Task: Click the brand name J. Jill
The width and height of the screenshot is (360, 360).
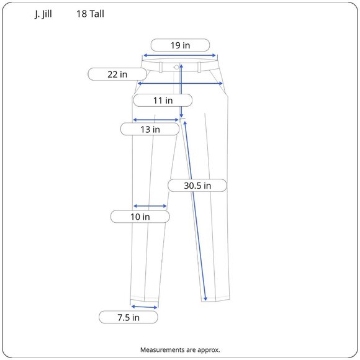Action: coord(43,13)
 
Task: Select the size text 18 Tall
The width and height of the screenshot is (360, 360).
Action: coord(91,13)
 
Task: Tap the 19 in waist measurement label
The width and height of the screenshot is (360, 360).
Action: coord(180,45)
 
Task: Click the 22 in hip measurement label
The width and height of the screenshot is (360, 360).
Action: coord(117,74)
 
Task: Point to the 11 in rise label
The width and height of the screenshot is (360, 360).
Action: coord(163,100)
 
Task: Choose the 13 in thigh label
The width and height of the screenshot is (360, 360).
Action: coord(150,129)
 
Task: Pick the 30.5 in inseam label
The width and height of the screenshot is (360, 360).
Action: coord(197,185)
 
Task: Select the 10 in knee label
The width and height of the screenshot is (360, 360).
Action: coord(140,217)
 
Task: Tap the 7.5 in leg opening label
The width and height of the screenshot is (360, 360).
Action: coord(128,317)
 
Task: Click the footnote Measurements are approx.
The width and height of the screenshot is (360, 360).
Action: coord(180,349)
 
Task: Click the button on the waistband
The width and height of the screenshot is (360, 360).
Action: coord(177,66)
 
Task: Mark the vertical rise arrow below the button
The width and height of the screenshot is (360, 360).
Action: coord(181,93)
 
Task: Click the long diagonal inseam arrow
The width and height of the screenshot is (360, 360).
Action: coord(195,211)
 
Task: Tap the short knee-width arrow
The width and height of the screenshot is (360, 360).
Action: coord(150,206)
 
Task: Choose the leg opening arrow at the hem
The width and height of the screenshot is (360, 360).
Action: coord(144,307)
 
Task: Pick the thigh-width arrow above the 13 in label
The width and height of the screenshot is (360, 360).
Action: coord(155,120)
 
